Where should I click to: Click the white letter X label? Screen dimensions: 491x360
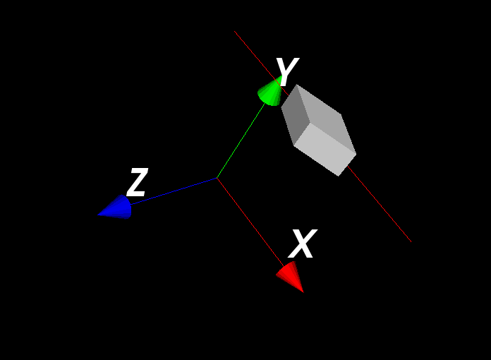(303, 244)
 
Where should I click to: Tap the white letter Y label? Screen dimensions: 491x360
(287, 72)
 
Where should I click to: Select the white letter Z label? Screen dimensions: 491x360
(137, 182)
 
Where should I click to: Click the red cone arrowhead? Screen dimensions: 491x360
(290, 276)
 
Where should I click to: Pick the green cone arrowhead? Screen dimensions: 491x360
(270, 92)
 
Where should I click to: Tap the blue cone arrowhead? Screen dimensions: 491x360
(116, 208)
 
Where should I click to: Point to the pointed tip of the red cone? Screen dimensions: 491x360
(304, 293)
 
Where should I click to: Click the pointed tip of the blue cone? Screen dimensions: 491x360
(97, 215)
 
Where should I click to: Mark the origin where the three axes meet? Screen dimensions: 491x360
(217, 179)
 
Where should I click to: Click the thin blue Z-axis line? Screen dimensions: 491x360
(174, 191)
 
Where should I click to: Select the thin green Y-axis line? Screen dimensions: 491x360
(241, 140)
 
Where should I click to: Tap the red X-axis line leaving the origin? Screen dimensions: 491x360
(250, 222)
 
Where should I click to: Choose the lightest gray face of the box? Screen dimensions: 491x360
(325, 150)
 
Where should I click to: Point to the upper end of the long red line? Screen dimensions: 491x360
(234, 31)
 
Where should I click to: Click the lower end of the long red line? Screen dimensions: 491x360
(411, 241)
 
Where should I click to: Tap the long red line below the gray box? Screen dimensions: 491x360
(380, 204)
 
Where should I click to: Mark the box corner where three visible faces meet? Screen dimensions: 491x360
(310, 123)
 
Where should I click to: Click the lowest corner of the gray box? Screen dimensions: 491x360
(338, 176)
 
